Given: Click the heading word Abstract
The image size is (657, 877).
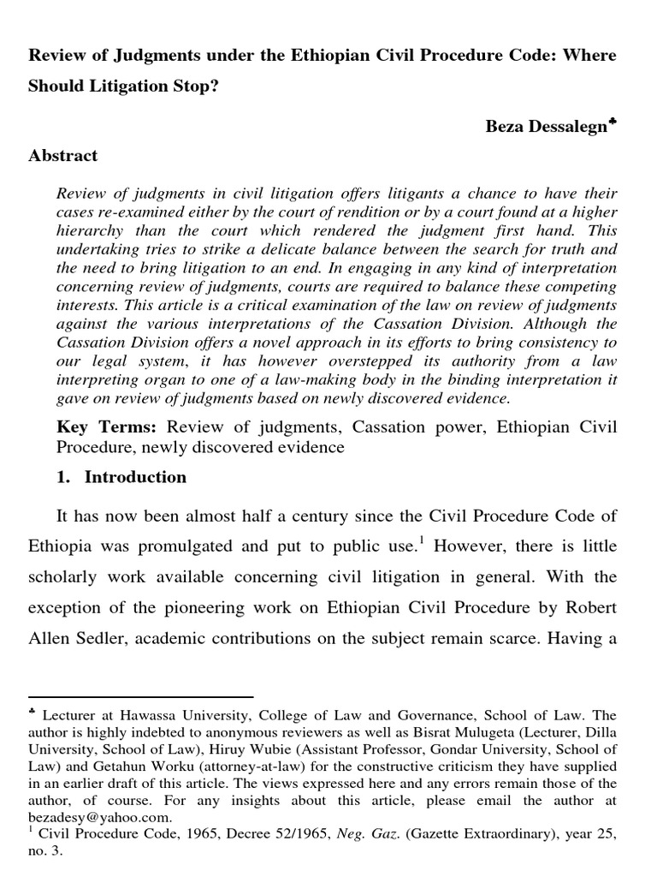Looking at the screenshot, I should (63, 156).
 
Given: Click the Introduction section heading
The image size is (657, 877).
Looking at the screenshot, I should (135, 477).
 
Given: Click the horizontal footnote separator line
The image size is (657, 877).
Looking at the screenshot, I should (141, 697).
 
